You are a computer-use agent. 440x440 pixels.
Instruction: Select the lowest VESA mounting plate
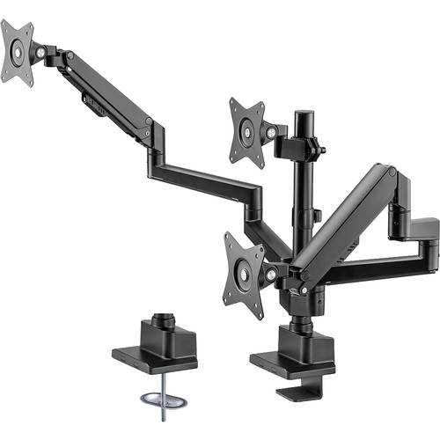pyautogui.click(x=244, y=275)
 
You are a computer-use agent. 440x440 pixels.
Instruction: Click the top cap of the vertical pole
pyautogui.click(x=304, y=114)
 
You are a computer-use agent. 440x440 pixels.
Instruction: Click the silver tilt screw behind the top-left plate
pyautogui.click(x=39, y=52)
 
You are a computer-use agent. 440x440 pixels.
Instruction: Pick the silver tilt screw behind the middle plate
pyautogui.click(x=270, y=132)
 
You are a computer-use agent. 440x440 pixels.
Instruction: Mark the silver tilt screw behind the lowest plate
pyautogui.click(x=268, y=275)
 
